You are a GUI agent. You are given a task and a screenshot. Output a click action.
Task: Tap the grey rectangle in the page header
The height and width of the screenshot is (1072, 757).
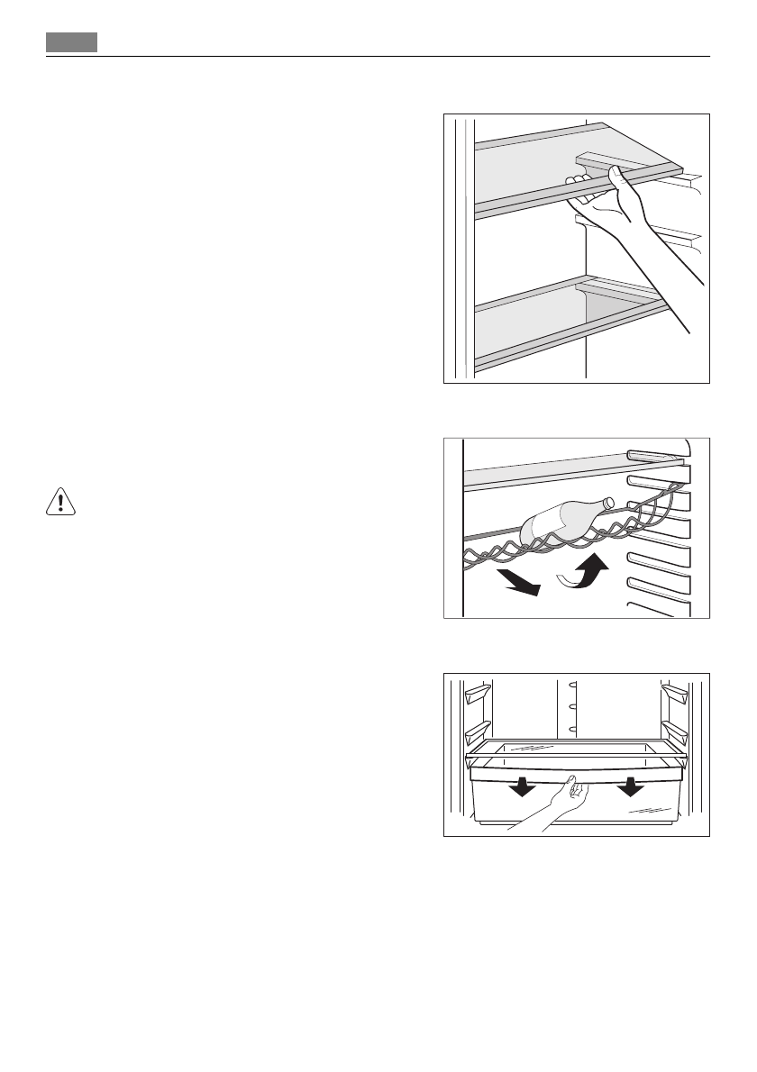coord(72,42)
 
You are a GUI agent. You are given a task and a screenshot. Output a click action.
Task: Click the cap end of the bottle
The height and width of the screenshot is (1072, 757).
coord(608,503)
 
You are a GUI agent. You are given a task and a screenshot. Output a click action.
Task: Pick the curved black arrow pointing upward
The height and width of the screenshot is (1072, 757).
coord(587,575)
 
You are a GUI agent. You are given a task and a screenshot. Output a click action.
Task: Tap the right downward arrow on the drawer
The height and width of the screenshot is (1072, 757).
coord(630,786)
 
